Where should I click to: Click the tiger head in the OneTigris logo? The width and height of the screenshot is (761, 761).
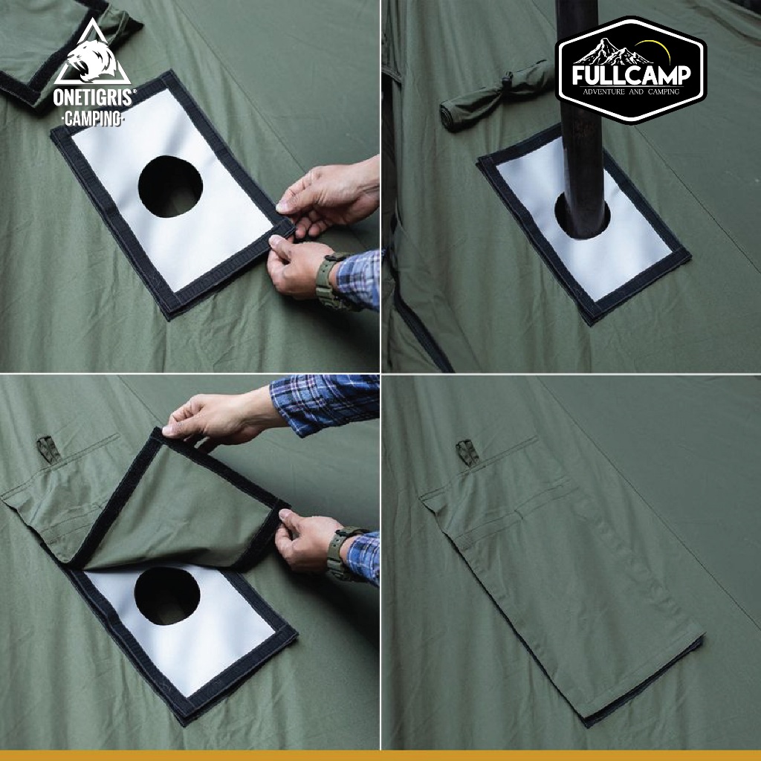pos(91,61)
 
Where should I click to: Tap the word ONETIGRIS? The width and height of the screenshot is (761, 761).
pos(93,97)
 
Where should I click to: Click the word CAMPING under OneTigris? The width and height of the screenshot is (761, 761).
pos(93,118)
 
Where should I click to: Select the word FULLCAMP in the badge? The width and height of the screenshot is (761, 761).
pos(631,75)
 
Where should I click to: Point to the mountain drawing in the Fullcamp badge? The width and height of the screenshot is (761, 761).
pos(612,53)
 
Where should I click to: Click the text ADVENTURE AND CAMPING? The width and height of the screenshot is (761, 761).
pos(631,91)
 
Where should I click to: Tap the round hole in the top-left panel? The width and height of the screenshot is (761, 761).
pos(170,187)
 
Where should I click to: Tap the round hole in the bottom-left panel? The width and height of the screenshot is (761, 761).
pos(167,596)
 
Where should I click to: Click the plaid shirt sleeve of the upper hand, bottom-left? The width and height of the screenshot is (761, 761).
pos(324,404)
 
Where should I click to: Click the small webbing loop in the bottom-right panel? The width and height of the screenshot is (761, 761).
pos(467,453)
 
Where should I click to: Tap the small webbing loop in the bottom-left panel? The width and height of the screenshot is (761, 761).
pos(48,449)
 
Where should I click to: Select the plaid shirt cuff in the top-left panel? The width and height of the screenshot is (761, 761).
pos(359,279)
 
